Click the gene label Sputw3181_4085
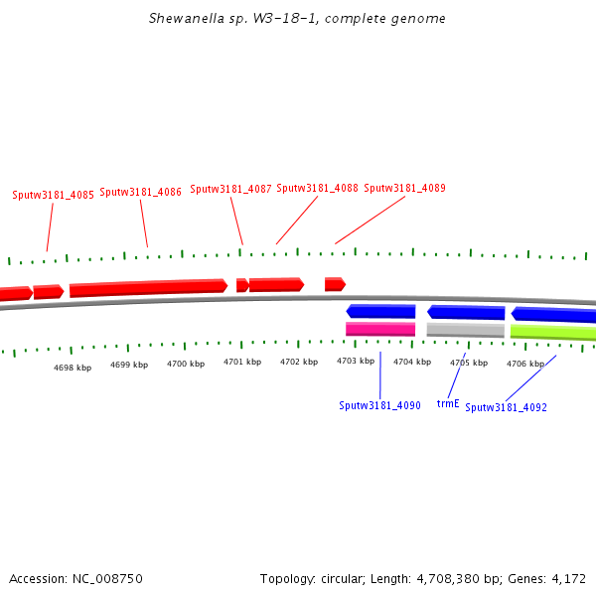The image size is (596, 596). pos(53,195)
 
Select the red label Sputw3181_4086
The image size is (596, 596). pos(140,192)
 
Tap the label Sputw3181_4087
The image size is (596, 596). pos(230,189)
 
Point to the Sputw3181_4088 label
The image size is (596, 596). pos(317,188)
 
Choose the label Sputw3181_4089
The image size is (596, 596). pos(404,188)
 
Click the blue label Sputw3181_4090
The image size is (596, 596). pos(379,405)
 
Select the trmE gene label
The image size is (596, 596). pos(448,404)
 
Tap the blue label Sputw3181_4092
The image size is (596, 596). pos(506,407)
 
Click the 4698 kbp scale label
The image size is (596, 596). pos(73,368)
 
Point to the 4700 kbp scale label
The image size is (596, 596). pos(186,364)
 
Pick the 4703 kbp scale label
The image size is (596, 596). pos(356,361)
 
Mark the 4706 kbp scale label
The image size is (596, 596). pos(525,364)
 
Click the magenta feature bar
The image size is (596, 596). pos(380,329)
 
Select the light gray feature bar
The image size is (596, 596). pos(465,329)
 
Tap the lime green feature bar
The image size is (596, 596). pos(552,332)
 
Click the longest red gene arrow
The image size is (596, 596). pos(148,288)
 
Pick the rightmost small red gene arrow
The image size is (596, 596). pos(335,284)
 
